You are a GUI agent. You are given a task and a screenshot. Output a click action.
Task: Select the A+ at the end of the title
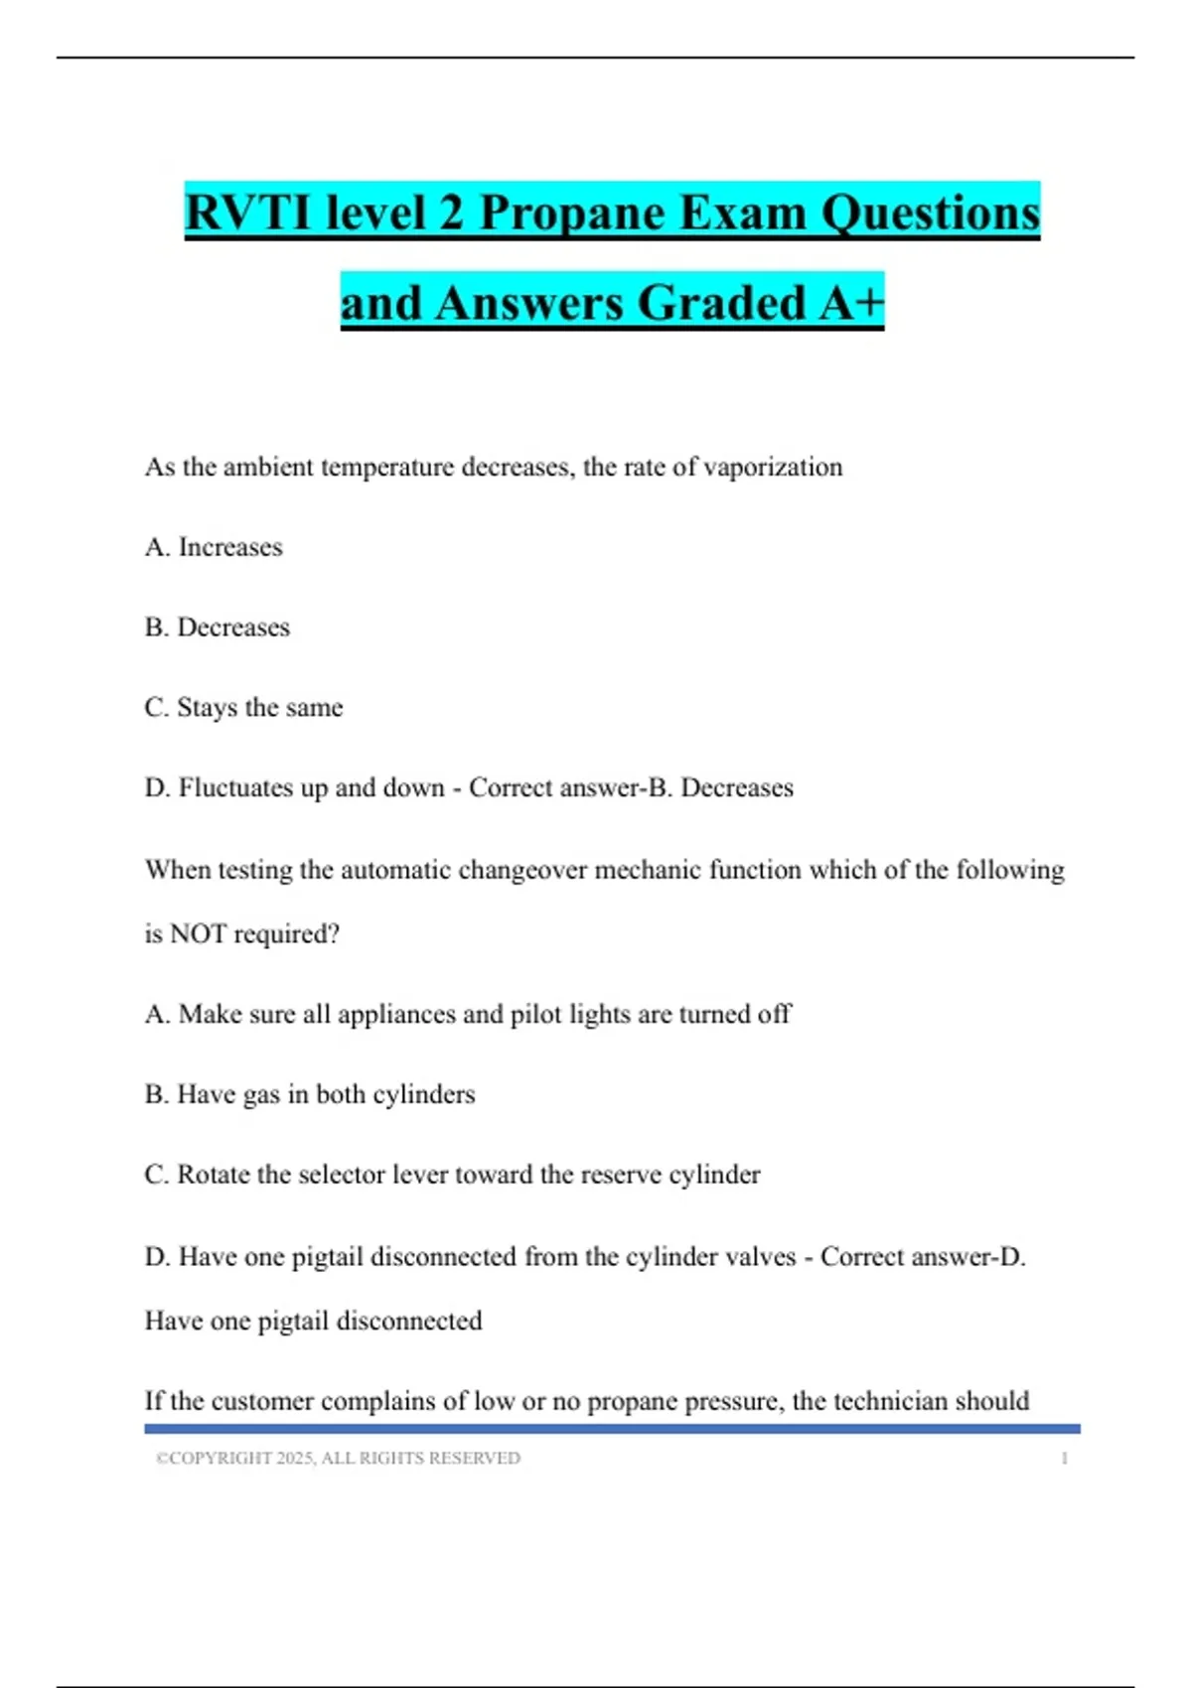tap(851, 303)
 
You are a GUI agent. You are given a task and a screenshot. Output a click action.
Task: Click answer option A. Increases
tap(214, 547)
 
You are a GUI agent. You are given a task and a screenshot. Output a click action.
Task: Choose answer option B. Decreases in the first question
tap(218, 628)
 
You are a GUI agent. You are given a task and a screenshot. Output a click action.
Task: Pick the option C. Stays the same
tap(243, 708)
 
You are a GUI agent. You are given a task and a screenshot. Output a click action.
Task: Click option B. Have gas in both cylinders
tap(310, 1094)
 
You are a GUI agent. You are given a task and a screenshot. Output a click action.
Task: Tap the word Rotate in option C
tap(214, 1175)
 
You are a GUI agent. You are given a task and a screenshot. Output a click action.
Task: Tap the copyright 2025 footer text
tap(338, 1459)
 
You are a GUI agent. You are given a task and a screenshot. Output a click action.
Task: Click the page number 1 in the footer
tap(1064, 1459)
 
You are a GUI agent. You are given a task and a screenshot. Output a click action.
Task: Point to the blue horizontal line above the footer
tap(612, 1429)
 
